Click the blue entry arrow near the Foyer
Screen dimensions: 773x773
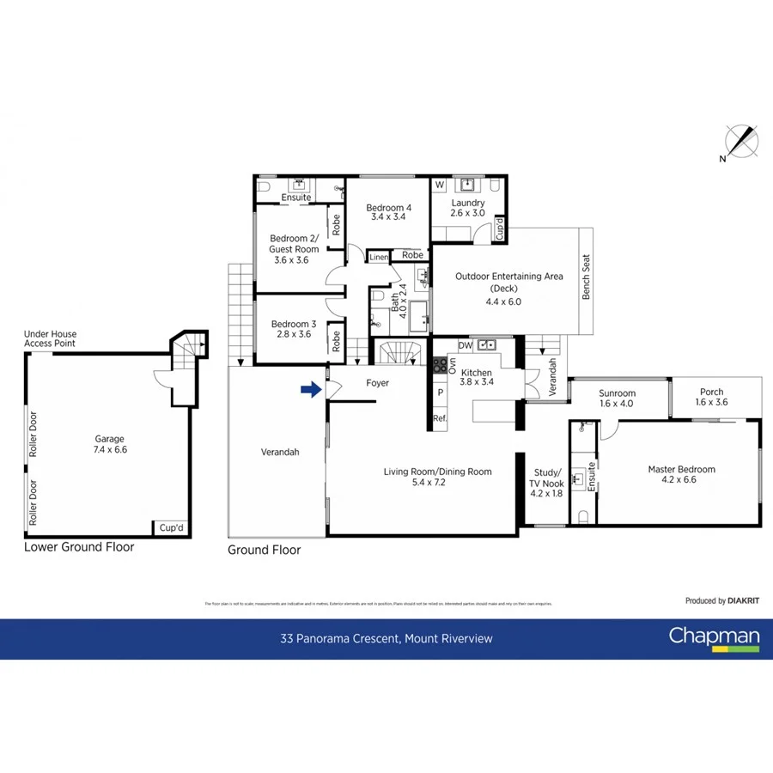point(310,390)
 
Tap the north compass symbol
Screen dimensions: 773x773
point(741,142)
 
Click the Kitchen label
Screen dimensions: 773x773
point(476,378)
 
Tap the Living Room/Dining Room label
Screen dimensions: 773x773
point(437,477)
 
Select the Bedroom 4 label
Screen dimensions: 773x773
point(388,212)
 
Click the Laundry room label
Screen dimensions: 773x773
point(468,208)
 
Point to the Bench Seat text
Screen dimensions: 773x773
point(587,277)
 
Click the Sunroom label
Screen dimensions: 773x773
point(618,398)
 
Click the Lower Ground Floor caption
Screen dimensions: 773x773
point(79,546)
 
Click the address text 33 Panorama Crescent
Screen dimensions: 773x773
point(386,638)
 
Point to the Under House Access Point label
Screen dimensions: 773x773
point(50,338)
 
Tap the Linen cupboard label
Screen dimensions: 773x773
point(378,257)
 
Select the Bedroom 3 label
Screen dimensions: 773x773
point(295,329)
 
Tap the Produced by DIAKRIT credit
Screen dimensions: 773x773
point(722,601)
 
